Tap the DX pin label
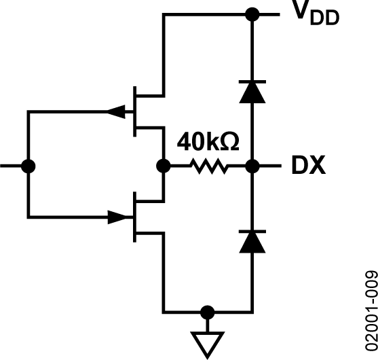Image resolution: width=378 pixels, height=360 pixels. (x=307, y=165)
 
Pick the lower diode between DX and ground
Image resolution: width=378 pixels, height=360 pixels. (x=251, y=239)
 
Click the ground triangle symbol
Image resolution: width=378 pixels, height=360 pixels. (x=208, y=342)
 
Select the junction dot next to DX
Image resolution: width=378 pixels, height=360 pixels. (x=251, y=165)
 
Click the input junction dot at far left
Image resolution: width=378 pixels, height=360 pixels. (x=27, y=165)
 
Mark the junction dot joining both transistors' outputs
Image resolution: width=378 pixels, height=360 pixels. (x=163, y=165)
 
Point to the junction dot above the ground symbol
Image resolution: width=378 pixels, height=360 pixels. (x=208, y=312)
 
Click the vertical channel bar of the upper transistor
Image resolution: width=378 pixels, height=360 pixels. (x=134, y=111)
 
